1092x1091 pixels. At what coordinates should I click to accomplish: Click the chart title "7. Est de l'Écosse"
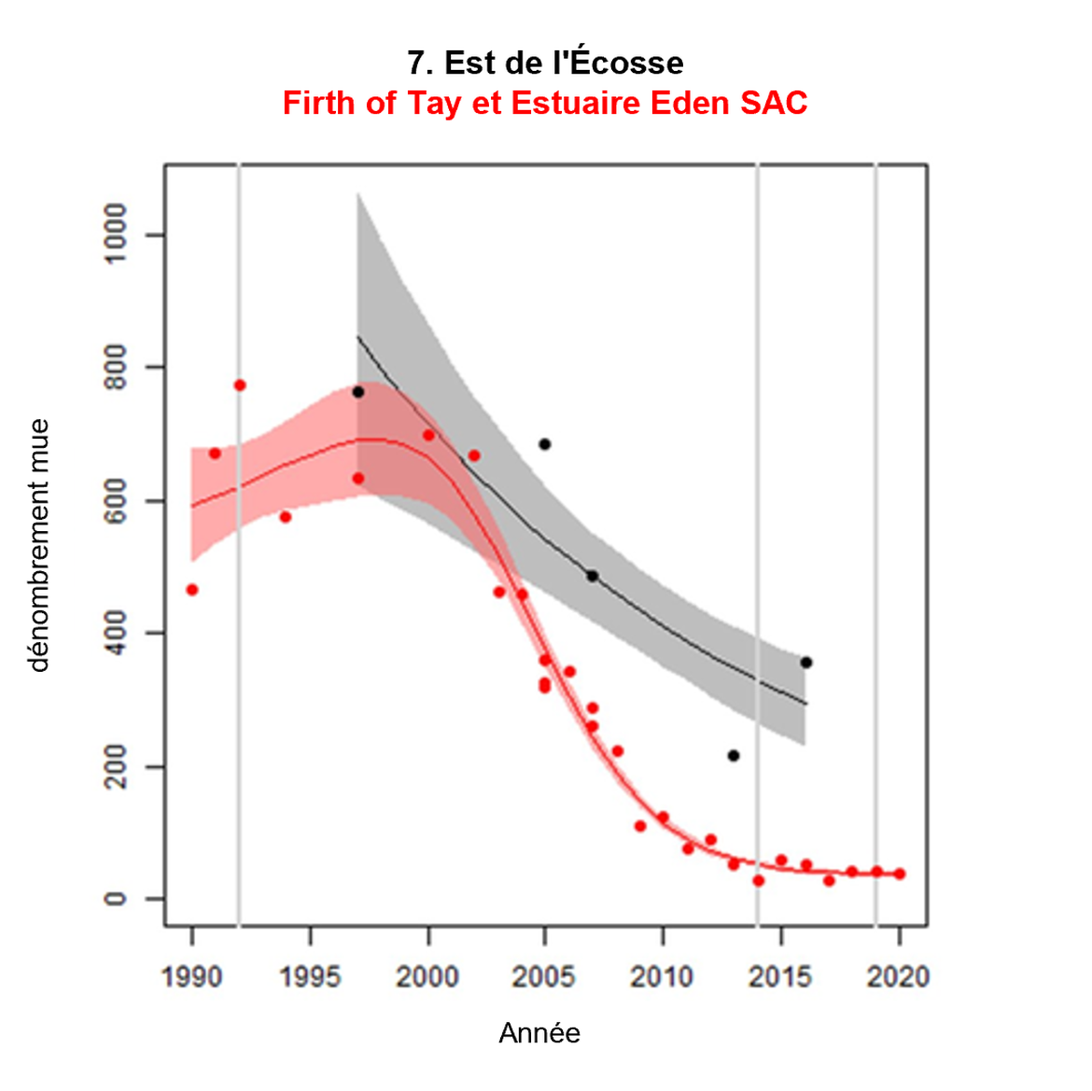point(545,63)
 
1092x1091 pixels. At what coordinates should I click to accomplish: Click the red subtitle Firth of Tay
point(545,103)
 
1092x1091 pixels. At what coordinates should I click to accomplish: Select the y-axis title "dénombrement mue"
point(38,545)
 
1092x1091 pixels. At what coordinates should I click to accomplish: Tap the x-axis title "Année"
point(539,1033)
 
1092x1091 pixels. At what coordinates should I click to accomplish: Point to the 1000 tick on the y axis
point(116,234)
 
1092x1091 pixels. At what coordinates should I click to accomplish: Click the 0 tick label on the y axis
point(116,899)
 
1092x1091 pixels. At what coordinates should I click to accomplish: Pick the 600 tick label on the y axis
point(116,500)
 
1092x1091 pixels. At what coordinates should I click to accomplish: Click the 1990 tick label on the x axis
point(192,977)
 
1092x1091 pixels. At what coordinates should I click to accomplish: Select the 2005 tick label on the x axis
point(545,977)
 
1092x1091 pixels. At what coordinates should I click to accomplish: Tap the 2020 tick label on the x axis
point(898,977)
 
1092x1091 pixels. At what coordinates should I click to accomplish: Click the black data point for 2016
point(806,663)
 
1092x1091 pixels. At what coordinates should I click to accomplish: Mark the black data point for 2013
point(734,756)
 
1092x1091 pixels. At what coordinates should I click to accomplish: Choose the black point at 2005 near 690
point(545,444)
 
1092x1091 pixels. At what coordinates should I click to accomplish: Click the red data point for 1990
point(192,590)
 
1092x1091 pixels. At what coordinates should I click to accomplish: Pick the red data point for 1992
point(240,385)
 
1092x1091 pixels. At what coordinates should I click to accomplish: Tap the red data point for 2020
point(900,874)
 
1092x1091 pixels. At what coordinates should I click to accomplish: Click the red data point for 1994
point(286,517)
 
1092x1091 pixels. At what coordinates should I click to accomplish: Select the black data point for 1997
point(358,393)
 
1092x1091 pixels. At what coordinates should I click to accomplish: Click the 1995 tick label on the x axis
point(310,977)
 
